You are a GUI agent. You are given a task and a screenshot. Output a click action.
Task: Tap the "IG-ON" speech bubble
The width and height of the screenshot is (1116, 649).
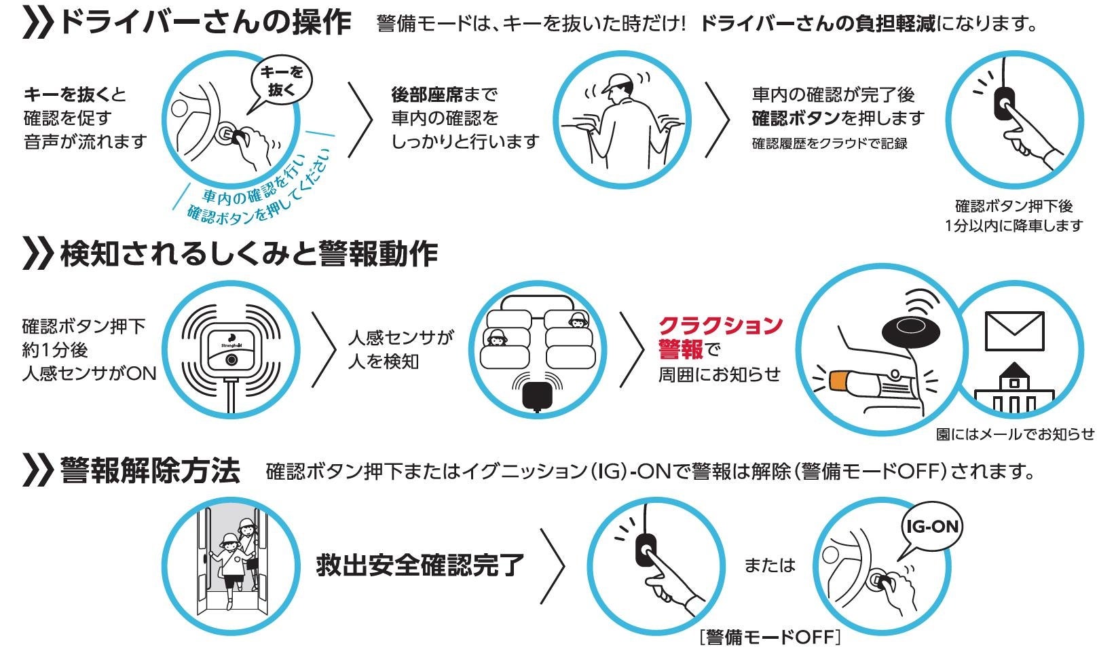(932, 527)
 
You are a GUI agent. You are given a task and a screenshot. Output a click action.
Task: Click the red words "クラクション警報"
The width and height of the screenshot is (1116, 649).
(720, 337)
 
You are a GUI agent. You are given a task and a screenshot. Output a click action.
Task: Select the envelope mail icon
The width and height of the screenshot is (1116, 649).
(1013, 330)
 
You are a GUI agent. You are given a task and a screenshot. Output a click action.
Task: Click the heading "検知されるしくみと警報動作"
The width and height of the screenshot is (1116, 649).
(248, 253)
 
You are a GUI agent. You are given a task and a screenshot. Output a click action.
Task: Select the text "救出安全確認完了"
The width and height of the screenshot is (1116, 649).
(420, 565)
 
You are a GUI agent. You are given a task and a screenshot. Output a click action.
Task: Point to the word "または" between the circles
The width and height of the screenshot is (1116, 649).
(769, 565)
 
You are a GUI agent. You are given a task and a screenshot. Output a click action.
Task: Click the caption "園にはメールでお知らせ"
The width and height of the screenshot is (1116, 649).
(1015, 434)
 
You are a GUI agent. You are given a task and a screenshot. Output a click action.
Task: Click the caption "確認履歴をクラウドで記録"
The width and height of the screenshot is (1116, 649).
(830, 143)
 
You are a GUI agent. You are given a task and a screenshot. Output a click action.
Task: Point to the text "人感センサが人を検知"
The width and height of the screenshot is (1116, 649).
(401, 349)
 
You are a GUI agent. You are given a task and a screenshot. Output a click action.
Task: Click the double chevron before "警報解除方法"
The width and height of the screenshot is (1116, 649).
(37, 470)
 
